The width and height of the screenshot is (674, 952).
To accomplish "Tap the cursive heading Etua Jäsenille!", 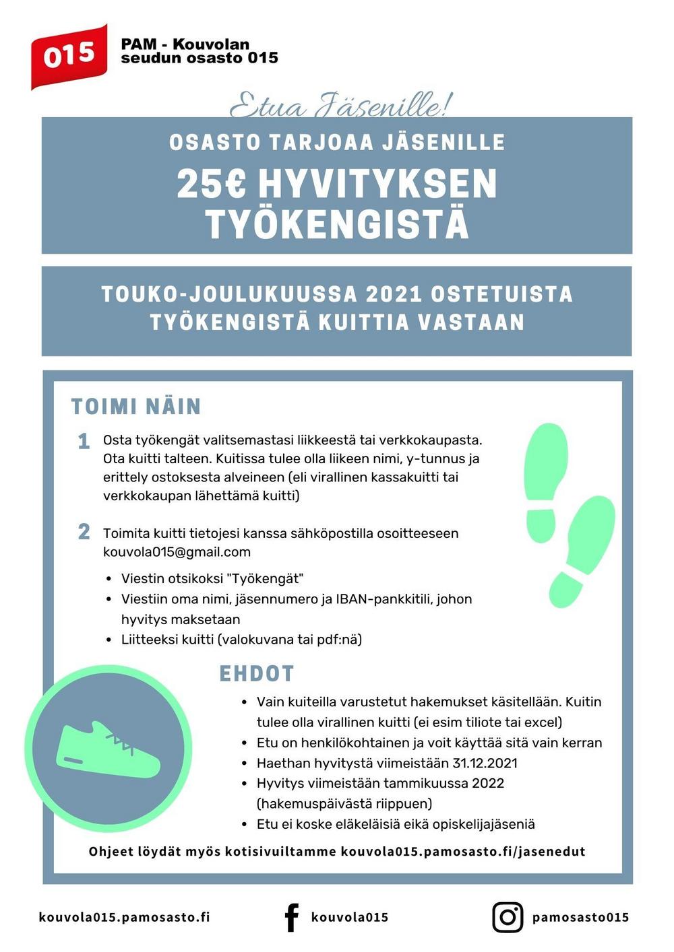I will coord(340,106).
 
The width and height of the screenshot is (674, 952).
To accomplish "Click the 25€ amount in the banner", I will coord(212,184).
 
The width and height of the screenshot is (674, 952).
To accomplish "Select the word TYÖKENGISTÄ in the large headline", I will coord(337,224).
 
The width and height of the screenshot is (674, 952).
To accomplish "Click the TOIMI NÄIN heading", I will coord(136,407).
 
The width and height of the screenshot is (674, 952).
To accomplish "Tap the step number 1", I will coord(84,442).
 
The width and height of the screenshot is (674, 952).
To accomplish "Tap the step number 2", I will coord(84,533).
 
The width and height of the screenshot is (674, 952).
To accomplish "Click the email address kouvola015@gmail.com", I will coord(177,552).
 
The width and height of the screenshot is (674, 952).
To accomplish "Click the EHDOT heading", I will coord(257,674).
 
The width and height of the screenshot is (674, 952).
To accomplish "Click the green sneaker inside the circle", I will coord(108,747).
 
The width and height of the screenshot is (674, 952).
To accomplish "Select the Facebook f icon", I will coord(291,917).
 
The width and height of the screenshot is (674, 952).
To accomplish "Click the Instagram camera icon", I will coord(508,917).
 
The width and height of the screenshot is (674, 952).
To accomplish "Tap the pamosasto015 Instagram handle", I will coord(580,917).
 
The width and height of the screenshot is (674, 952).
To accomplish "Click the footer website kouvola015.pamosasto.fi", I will coord(124,917).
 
